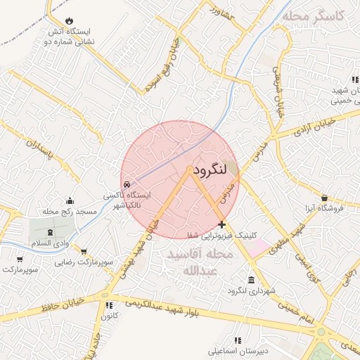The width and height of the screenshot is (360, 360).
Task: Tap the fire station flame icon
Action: tap(70, 21)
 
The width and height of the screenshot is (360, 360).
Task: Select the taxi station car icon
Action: tap(127, 184)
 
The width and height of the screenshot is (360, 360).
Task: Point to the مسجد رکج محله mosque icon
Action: tap(69, 201)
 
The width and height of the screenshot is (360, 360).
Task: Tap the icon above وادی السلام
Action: tap(50, 232)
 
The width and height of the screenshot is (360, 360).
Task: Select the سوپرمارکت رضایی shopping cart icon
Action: tap(83, 251)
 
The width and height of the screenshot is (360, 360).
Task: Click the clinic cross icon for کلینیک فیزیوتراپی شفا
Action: tap(222, 225)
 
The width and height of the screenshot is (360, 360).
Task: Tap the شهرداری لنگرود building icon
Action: tap(250, 280)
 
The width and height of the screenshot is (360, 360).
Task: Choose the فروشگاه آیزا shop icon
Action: tap(323, 198)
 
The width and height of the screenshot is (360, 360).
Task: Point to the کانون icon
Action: tap(109, 306)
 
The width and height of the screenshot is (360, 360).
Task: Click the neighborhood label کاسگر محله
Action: tap(312, 16)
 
